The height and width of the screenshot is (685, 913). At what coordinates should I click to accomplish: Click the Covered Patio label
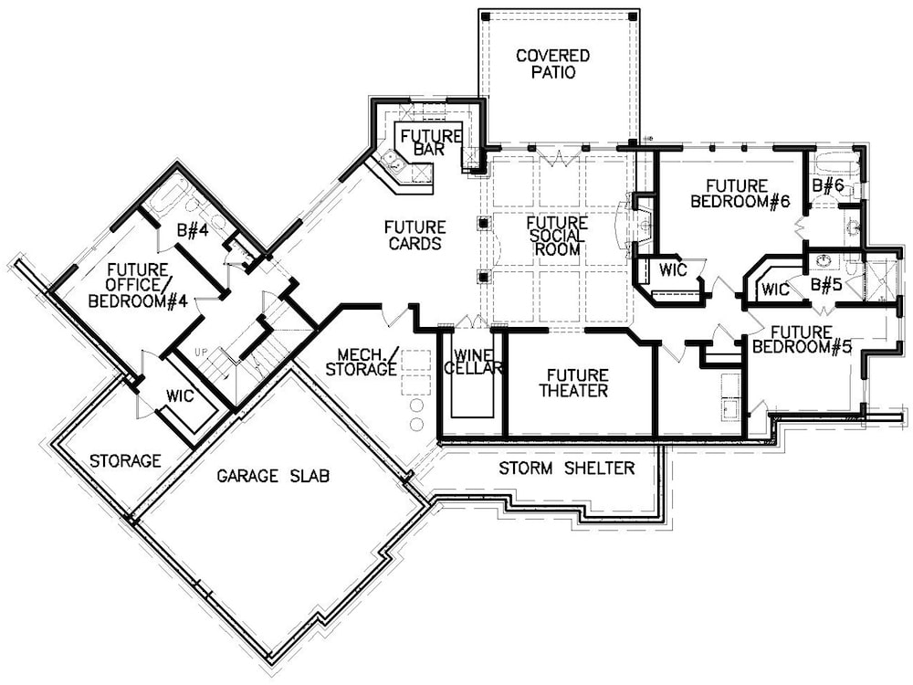pos(552,64)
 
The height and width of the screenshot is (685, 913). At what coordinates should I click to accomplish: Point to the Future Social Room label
pos(557,237)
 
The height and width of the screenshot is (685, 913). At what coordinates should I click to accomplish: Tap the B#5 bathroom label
pos(827,284)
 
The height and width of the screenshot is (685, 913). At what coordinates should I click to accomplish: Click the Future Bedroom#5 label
pos(799,339)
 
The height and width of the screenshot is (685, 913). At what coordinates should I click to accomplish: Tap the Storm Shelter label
pos(566,469)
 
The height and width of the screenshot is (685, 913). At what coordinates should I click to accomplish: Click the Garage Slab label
pos(273,476)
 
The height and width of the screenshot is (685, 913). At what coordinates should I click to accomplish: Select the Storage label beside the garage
pos(125,461)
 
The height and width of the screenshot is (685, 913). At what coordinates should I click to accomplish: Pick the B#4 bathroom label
pos(193,232)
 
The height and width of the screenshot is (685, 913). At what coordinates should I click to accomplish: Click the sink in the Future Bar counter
pos(394,163)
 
